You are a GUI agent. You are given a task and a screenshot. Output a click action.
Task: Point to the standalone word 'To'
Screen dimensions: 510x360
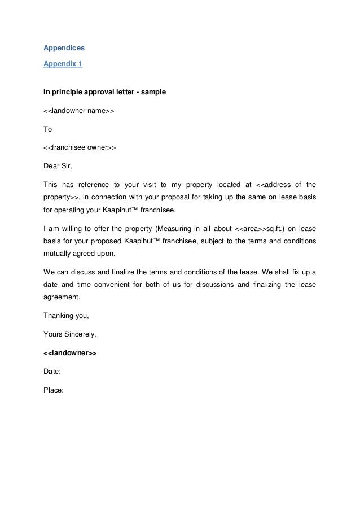pyautogui.click(x=48, y=129)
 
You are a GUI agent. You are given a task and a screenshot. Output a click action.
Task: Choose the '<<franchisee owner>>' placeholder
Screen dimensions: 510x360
pyautogui.click(x=80, y=148)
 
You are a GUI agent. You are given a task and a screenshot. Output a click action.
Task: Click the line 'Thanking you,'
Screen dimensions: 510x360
pyautogui.click(x=65, y=315)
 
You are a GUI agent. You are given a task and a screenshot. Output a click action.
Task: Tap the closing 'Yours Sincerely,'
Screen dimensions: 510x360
pyautogui.click(x=70, y=334)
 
